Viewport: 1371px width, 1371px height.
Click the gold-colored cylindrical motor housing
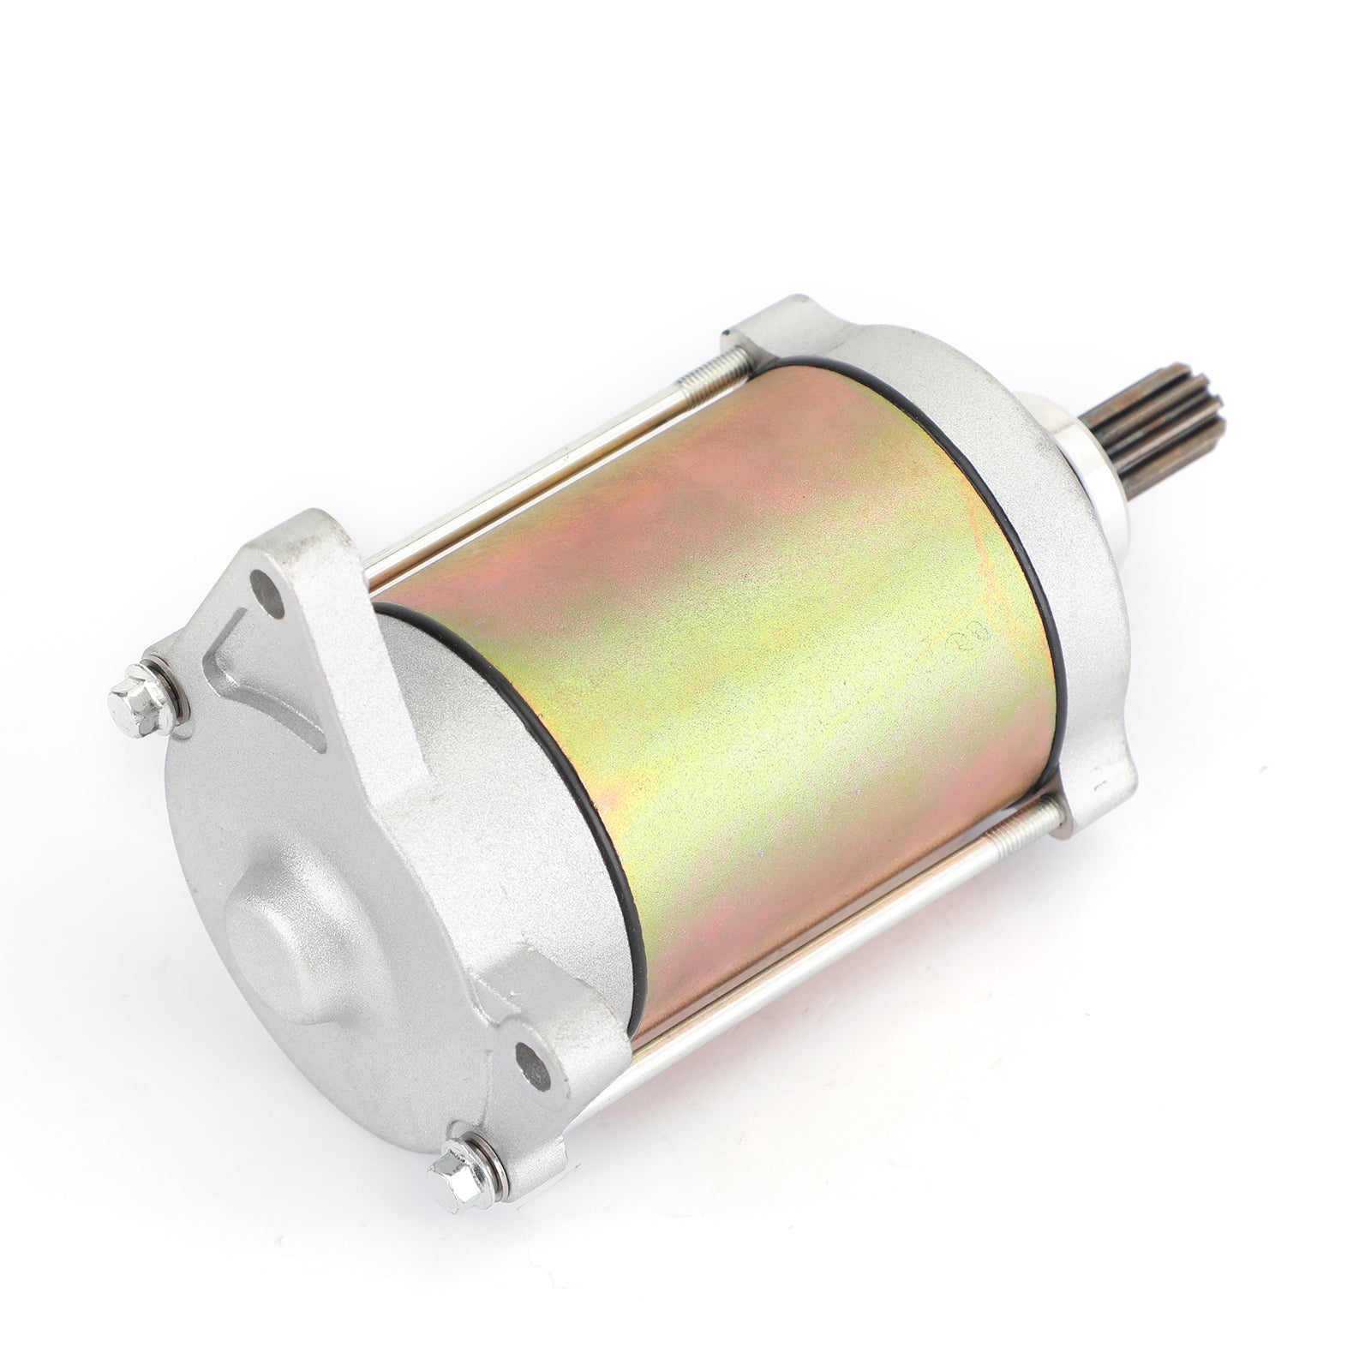pos(728,685)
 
